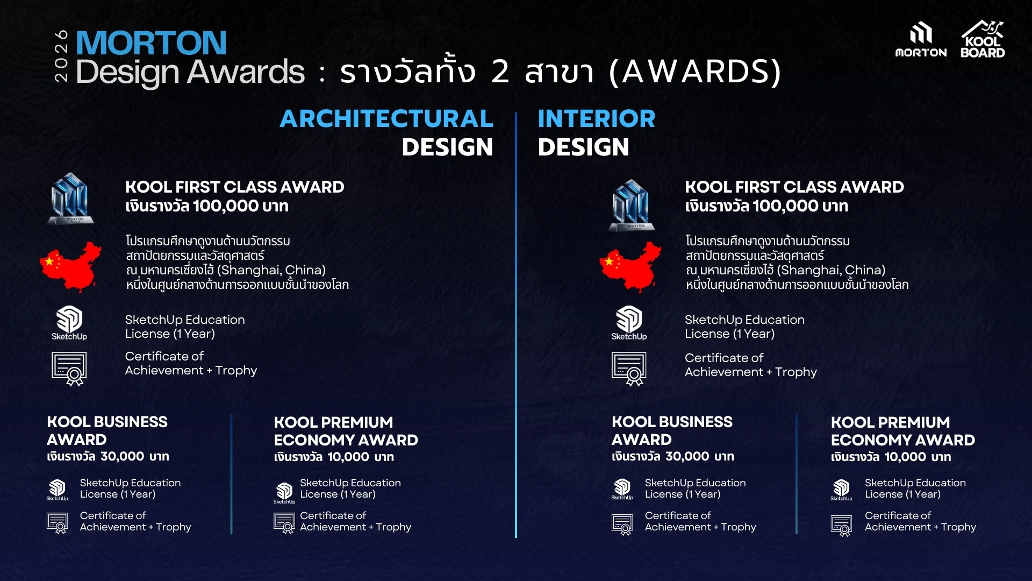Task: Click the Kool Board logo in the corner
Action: pyautogui.click(x=983, y=39)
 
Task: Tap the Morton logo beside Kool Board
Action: pyautogui.click(x=921, y=40)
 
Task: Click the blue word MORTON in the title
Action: pyautogui.click(x=151, y=43)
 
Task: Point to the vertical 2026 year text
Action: pyautogui.click(x=62, y=56)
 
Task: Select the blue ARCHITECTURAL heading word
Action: pyautogui.click(x=386, y=118)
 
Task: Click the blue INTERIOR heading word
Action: pyautogui.click(x=597, y=118)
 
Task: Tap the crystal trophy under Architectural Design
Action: pyautogui.click(x=71, y=199)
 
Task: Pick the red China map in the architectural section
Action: pyautogui.click(x=70, y=267)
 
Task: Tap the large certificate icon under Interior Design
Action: pyautogui.click(x=629, y=369)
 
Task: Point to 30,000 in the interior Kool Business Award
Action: pyautogui.click(x=687, y=456)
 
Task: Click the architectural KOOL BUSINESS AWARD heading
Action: pyautogui.click(x=107, y=430)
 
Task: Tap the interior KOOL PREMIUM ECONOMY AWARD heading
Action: pyautogui.click(x=903, y=431)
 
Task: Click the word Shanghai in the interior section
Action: pyautogui.click(x=810, y=270)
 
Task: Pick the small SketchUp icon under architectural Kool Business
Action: pyautogui.click(x=57, y=490)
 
